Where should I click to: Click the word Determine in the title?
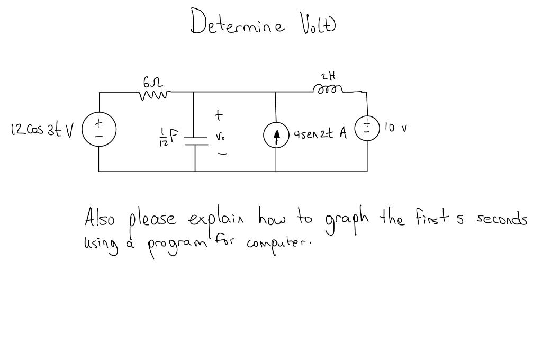coord(238,23)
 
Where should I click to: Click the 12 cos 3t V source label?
coord(42,129)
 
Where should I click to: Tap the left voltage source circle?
coord(99,129)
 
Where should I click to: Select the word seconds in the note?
coord(502,219)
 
